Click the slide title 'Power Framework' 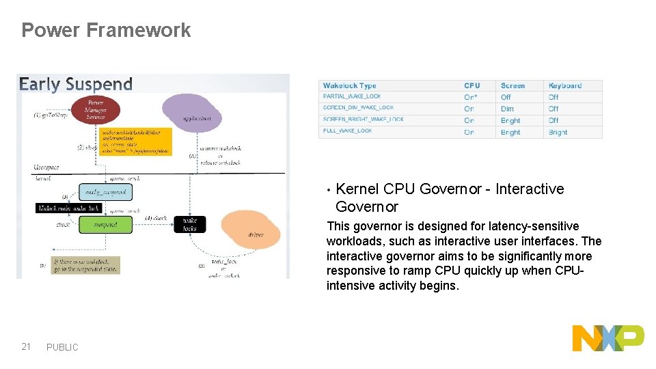(106, 30)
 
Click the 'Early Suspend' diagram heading (76, 85)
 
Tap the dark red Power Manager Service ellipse (96, 110)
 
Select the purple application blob (191, 112)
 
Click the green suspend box (105, 224)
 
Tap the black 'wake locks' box (189, 224)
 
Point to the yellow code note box (135, 140)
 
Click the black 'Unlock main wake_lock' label (69, 208)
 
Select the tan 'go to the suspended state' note (86, 265)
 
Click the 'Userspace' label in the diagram (46, 167)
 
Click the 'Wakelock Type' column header (350, 85)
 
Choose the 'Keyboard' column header (565, 85)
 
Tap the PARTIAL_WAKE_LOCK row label (352, 97)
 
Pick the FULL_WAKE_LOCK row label (348, 131)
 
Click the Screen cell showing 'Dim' (507, 109)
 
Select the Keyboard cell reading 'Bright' (558, 132)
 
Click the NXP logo (607, 338)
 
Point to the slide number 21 (26, 346)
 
